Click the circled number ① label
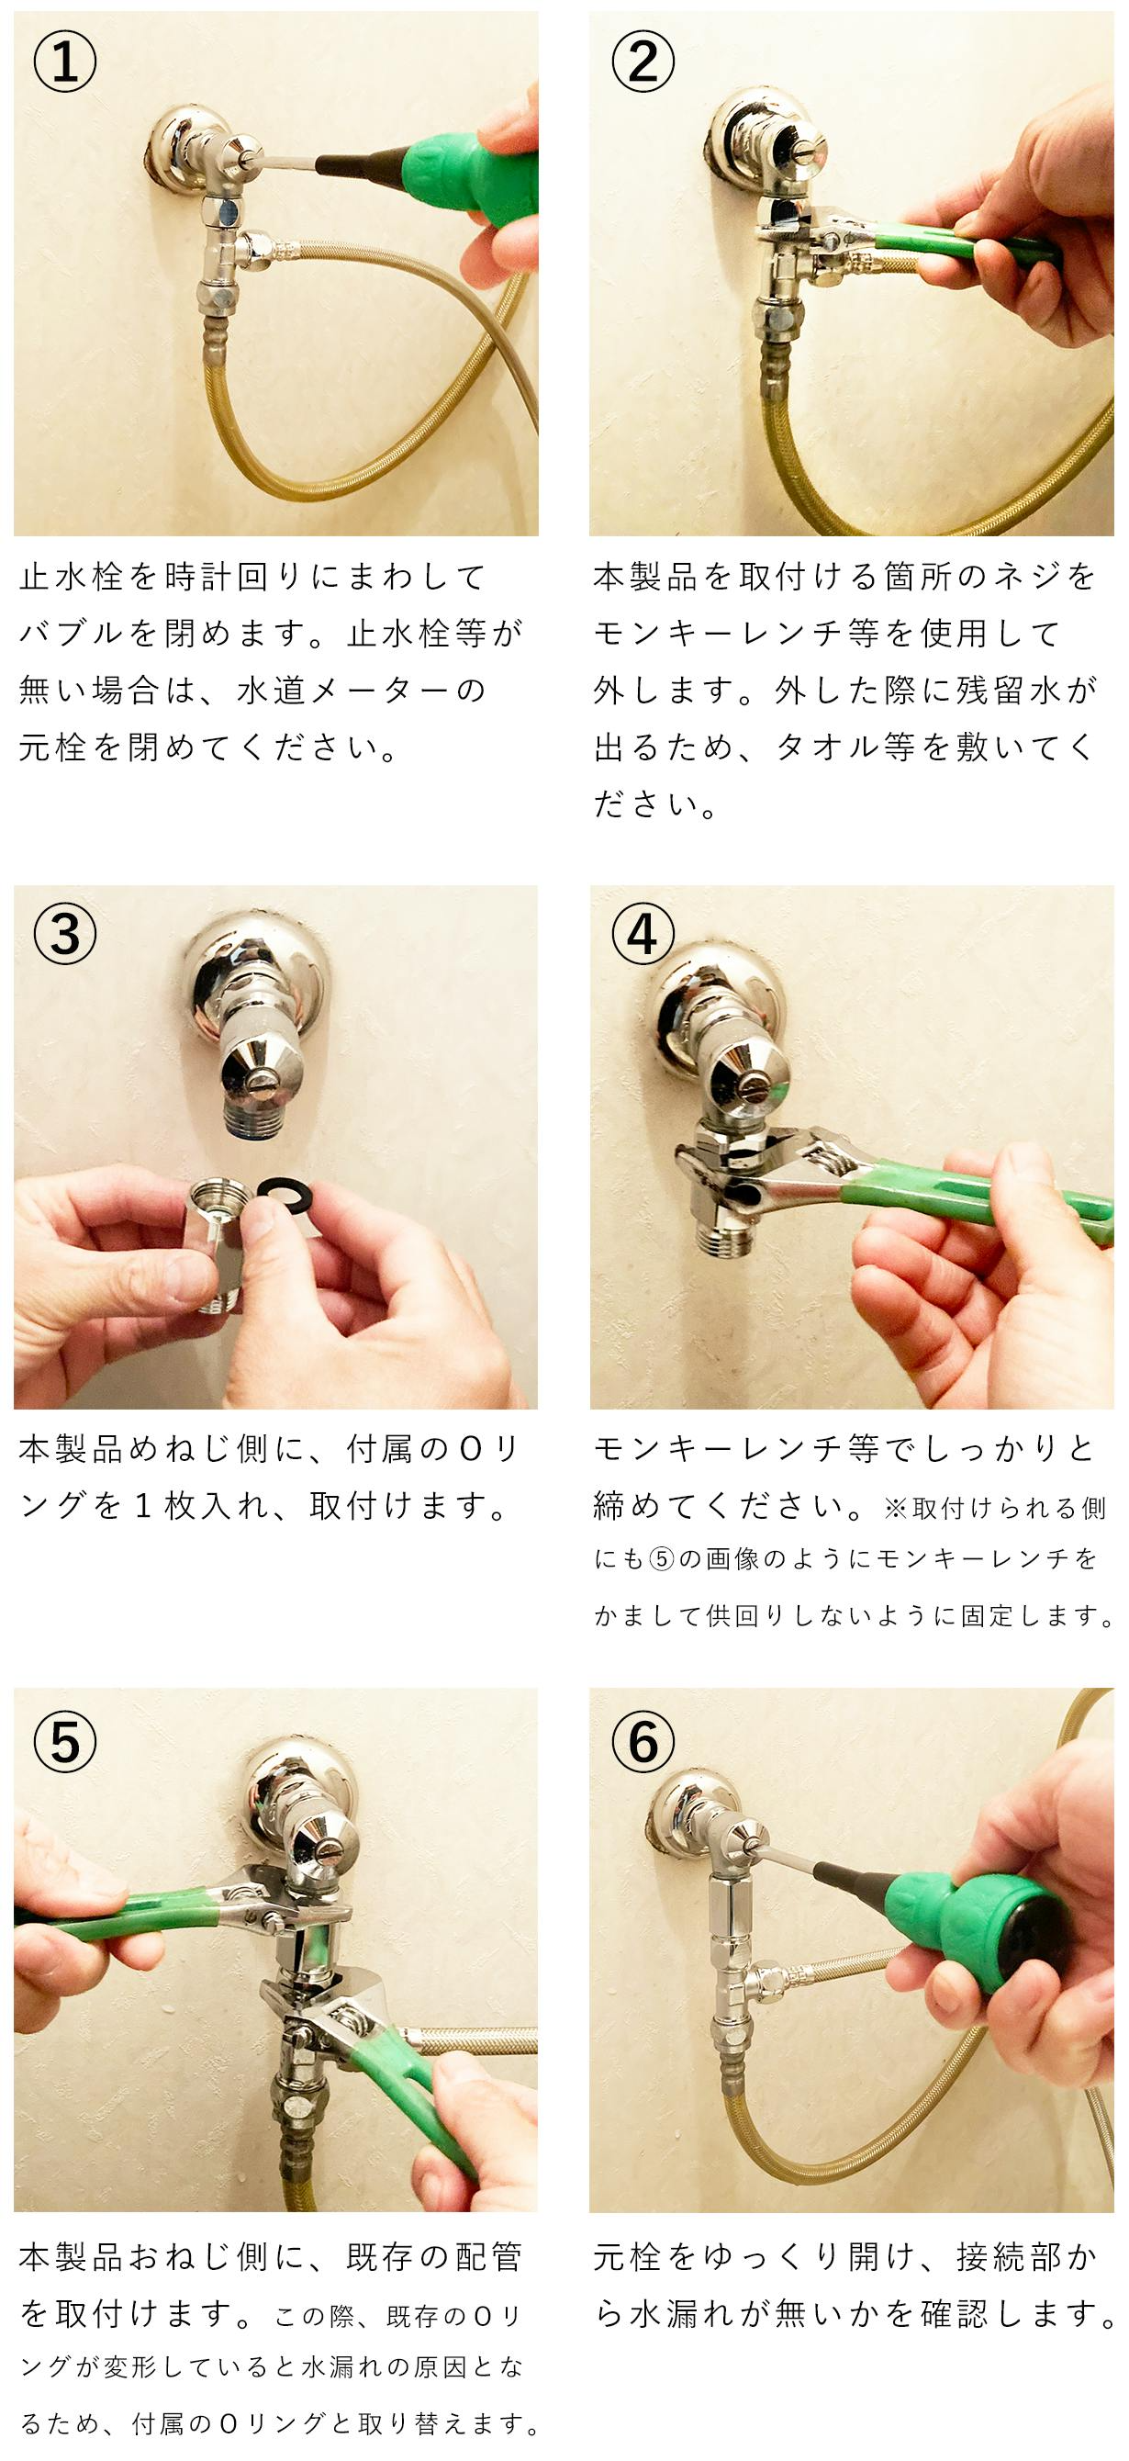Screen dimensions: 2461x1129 (64, 62)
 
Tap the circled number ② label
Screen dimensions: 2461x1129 (642, 62)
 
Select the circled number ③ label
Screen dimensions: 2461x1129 (64, 933)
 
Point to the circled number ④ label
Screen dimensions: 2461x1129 (642, 933)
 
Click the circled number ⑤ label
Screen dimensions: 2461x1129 (64, 1742)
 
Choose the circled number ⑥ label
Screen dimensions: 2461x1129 (642, 1742)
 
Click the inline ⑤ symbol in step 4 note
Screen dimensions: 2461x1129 (662, 1559)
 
